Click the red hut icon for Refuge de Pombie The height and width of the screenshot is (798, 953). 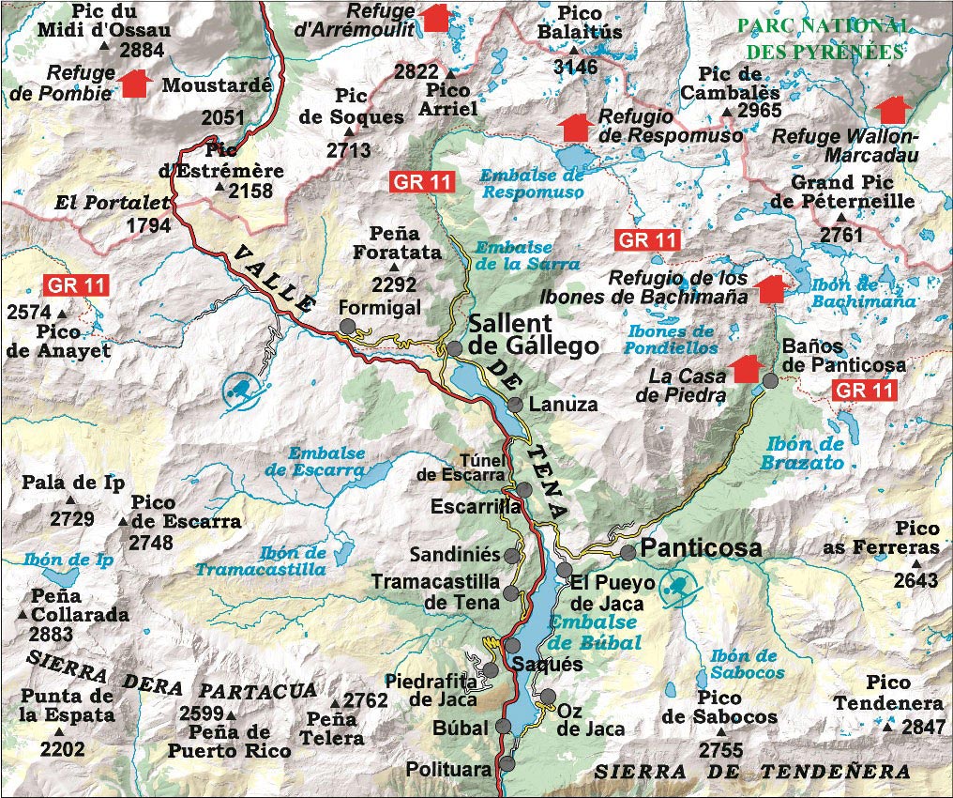136,83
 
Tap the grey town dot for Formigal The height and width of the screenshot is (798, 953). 347,326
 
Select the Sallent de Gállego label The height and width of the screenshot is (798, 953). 533,333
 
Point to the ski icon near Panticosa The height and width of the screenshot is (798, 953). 678,590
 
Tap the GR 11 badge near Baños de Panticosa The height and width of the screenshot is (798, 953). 863,391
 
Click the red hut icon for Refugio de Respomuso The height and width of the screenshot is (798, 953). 575,126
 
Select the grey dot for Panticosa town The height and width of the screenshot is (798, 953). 628,552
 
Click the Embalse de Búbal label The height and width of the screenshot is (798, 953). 594,632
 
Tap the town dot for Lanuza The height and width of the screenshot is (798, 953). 515,405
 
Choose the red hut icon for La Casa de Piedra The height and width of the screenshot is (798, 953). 745,368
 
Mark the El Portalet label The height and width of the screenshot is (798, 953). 113,202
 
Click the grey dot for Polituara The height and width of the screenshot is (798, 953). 507,763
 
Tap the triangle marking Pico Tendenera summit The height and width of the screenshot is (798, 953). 887,726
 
